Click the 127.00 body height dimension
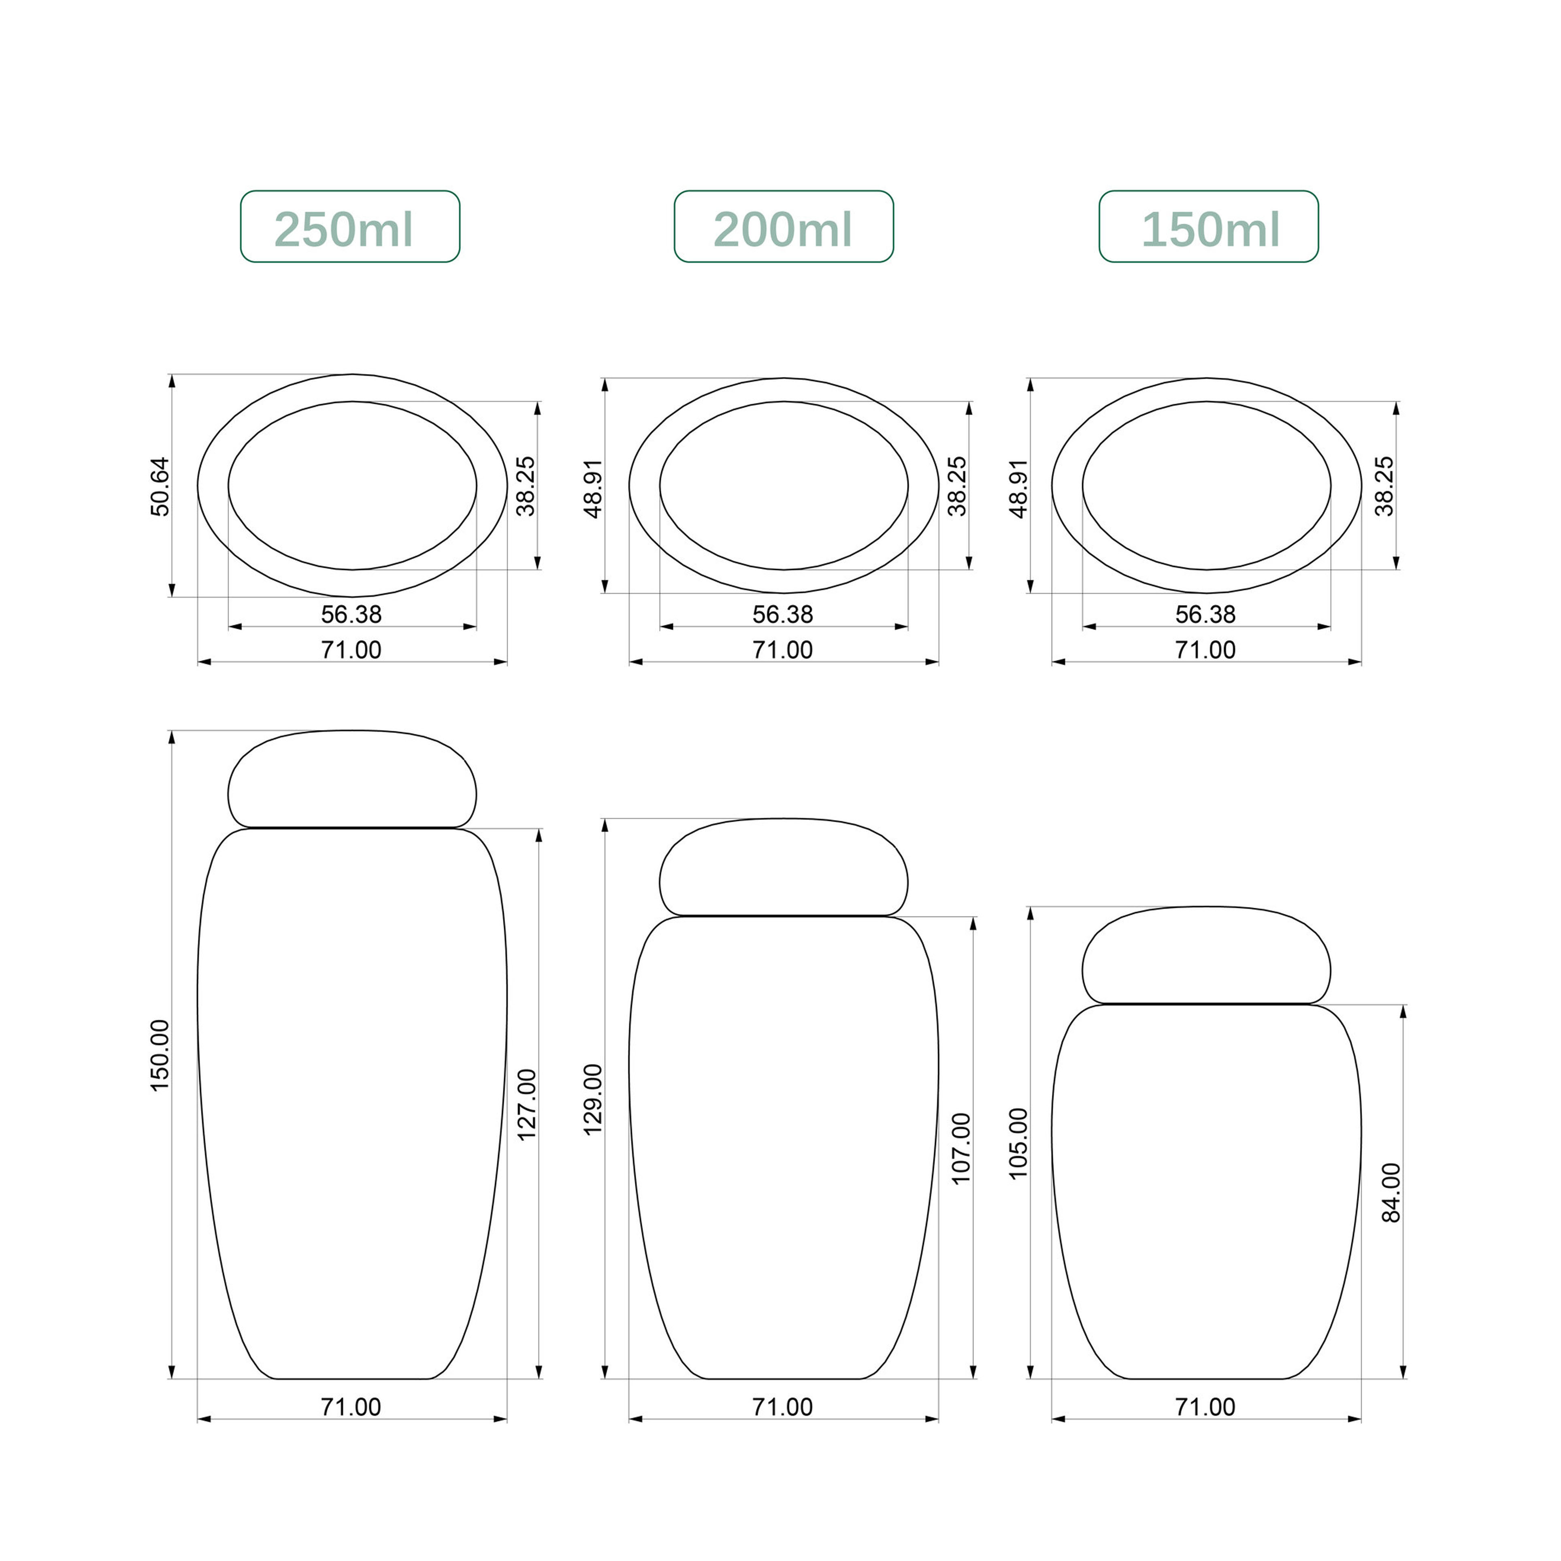pos(526,1105)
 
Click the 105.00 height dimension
pos(1018,1143)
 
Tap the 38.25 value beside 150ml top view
pos(1384,486)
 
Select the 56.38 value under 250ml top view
pos(351,614)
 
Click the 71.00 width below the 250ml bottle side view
pos(351,1407)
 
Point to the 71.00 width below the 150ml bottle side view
pos(1205,1407)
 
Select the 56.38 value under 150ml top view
pos(1205,614)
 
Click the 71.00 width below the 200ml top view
pos(782,650)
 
